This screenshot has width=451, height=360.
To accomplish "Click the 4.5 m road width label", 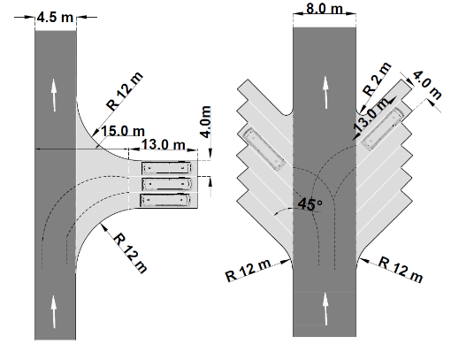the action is (55, 18).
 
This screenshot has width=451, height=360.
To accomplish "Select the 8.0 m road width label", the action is (325, 8).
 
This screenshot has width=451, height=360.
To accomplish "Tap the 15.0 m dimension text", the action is (123, 131).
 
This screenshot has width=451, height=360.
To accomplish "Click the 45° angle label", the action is (310, 204).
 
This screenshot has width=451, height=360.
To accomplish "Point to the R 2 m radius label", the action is (377, 80).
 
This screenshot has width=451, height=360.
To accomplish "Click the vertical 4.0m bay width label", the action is (205, 121).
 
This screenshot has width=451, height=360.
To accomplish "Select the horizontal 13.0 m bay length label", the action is (164, 144).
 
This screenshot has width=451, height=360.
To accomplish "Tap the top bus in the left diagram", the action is (166, 168).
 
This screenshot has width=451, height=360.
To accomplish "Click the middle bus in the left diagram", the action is (166, 184).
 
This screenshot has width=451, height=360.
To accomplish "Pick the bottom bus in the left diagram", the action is (165, 200).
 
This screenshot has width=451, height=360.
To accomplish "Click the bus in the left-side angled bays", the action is (264, 149).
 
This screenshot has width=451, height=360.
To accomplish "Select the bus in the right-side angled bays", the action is (383, 128).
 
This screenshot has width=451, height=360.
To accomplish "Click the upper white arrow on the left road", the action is (53, 96).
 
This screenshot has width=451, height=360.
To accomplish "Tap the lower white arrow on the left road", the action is (53, 311).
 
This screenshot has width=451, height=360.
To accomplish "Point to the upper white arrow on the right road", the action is (325, 92).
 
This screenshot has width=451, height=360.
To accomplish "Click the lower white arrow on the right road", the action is (325, 309).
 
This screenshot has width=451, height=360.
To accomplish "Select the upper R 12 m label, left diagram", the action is (125, 91).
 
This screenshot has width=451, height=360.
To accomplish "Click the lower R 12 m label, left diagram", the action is (130, 253).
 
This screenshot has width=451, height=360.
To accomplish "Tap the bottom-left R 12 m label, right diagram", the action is (248, 270).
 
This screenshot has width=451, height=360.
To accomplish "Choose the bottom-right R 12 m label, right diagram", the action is (401, 270).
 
